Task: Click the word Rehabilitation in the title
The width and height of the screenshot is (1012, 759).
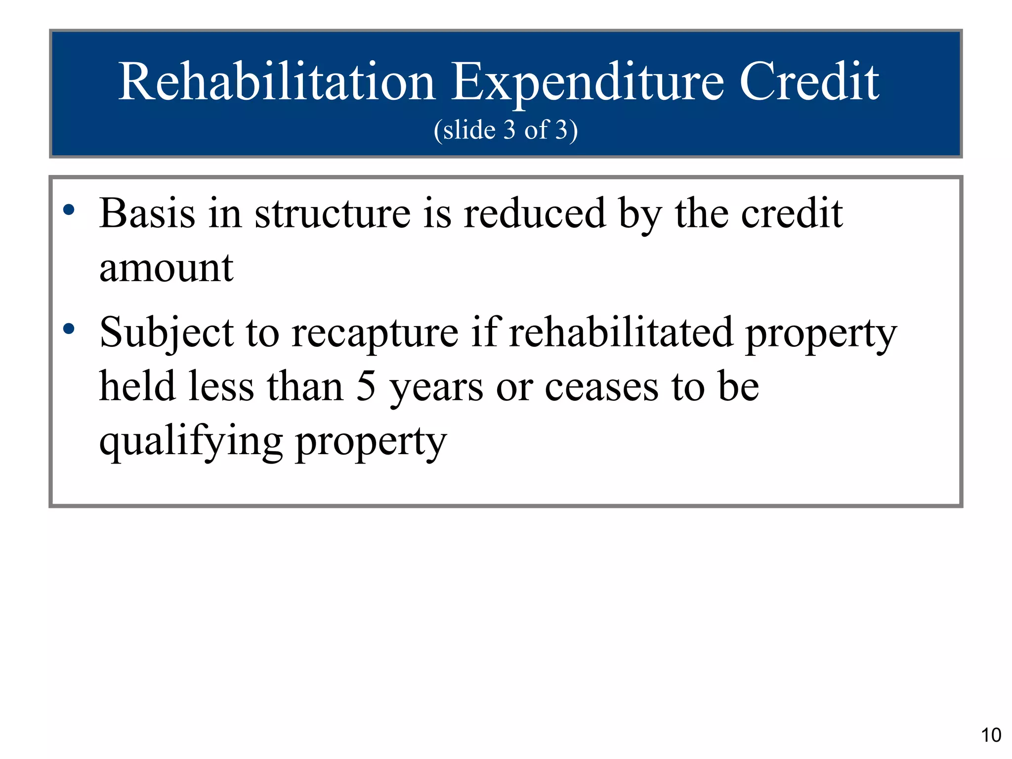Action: click(276, 82)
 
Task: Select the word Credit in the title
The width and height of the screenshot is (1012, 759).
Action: click(808, 82)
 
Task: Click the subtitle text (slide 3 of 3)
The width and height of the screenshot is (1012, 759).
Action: click(506, 130)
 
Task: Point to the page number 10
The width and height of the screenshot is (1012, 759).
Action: click(991, 735)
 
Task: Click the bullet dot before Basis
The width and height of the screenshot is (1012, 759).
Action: click(69, 210)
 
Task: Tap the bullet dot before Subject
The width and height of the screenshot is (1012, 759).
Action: click(69, 328)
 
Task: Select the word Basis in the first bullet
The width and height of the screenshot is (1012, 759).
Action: click(147, 213)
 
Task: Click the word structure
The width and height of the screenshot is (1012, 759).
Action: click(332, 213)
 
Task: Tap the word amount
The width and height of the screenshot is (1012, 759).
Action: click(166, 268)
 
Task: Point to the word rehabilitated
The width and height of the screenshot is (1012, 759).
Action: click(621, 332)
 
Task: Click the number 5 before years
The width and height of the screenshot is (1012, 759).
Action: click(366, 387)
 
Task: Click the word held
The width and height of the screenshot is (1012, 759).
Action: click(137, 386)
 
